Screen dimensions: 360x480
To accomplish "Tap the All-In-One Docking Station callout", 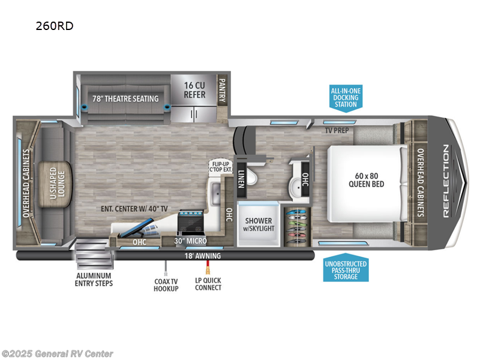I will (x=344, y=98).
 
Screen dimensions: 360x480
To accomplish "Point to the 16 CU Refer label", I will (x=194, y=90).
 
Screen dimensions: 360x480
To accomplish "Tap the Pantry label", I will (x=221, y=90).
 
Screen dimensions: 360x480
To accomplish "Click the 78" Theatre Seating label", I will (x=125, y=98).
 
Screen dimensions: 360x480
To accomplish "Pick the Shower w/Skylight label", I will (x=258, y=224).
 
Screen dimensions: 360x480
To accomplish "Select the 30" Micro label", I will (x=191, y=241).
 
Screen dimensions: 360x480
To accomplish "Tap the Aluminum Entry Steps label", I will (x=95, y=279).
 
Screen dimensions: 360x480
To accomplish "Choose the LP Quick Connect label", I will (x=208, y=284).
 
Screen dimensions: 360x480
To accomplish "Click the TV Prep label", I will (x=337, y=130).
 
